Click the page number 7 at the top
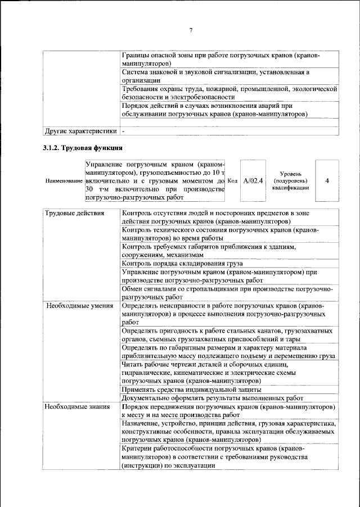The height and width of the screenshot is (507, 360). click(x=191, y=30)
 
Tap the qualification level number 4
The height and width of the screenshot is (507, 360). click(x=327, y=181)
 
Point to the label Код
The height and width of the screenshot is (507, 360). click(x=232, y=181)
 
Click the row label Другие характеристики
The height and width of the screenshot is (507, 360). click(x=81, y=132)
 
